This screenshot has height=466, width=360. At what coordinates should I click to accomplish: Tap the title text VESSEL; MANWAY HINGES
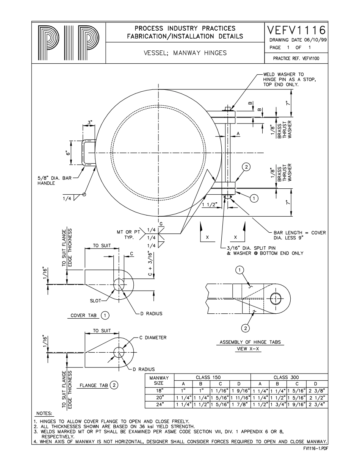(x=185, y=53)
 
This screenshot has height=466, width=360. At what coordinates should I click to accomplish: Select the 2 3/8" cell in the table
(x=318, y=391)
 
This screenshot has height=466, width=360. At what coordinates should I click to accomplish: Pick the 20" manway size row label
(x=160, y=397)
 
